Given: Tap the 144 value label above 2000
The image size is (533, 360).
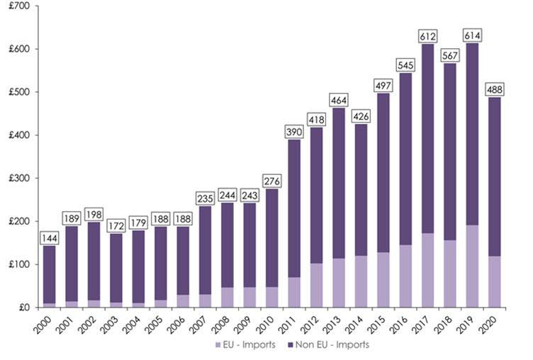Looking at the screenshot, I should tap(50, 238).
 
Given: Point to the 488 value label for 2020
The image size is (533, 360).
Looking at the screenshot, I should tap(495, 90).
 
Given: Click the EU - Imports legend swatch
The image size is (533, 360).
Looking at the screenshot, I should tap(217, 345).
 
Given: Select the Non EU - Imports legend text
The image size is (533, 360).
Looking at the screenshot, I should tap(335, 345).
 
